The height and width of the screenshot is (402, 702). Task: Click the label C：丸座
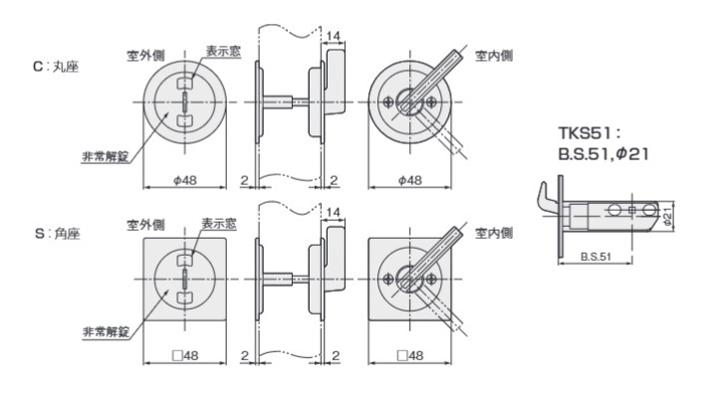[56, 67]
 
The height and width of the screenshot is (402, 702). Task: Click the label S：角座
[57, 234]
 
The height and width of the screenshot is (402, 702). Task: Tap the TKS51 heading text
[589, 132]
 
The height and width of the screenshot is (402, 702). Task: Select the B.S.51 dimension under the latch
[595, 257]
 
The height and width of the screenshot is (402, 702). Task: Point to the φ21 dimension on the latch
[667, 216]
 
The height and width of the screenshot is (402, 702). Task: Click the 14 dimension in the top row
[334, 36]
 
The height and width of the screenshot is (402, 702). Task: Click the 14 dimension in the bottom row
[334, 212]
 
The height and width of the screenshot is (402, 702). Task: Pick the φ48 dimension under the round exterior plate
[185, 180]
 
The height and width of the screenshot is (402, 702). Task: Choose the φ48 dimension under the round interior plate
[409, 180]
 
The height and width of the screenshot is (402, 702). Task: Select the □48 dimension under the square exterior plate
[185, 355]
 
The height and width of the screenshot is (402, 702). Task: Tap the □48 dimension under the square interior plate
[409, 355]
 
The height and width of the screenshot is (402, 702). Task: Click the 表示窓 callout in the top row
[223, 51]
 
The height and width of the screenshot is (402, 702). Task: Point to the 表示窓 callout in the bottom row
[219, 224]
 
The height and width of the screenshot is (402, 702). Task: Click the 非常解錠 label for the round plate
[106, 156]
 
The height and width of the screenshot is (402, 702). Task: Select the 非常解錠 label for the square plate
[107, 331]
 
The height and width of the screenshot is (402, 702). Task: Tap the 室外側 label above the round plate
[146, 56]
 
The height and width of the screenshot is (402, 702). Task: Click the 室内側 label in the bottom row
[494, 233]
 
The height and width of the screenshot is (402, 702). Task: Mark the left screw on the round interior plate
[388, 101]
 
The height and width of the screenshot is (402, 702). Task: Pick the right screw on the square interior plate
[431, 279]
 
